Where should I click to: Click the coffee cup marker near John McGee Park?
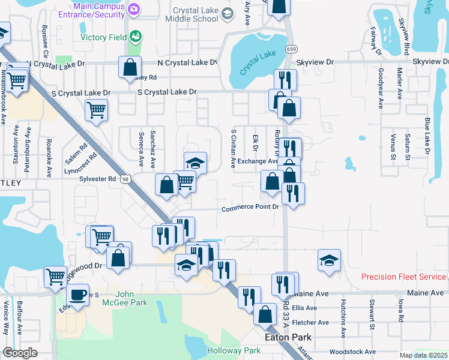click(77, 295)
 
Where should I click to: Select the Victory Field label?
click(104, 37)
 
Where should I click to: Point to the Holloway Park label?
click(234, 350)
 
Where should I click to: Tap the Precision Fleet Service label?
click(403, 277)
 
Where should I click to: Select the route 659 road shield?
click(292, 49)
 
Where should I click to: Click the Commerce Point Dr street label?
click(251, 208)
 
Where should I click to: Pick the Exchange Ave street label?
click(258, 161)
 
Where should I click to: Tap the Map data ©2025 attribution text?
click(423, 355)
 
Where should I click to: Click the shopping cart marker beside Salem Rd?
click(96, 110)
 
